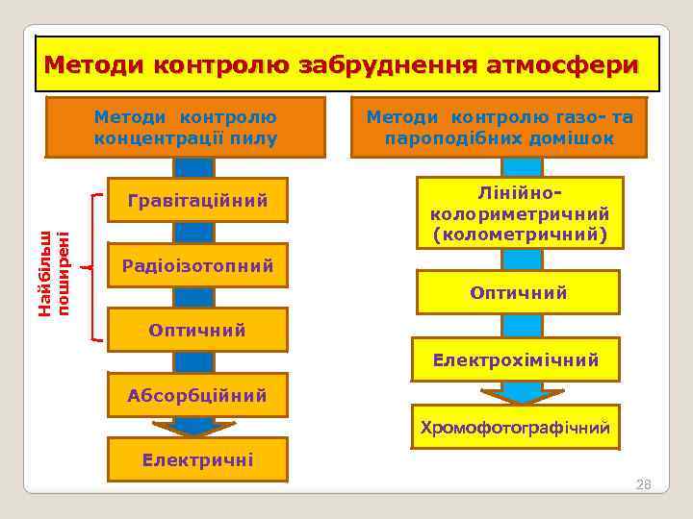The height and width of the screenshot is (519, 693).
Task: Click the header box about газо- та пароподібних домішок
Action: click(x=498, y=127)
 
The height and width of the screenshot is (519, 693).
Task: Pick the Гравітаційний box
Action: click(x=197, y=200)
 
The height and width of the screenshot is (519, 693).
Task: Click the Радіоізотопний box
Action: click(x=197, y=265)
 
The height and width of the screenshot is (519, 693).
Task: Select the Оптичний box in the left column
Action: click(x=197, y=330)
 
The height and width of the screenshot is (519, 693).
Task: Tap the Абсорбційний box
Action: click(x=197, y=395)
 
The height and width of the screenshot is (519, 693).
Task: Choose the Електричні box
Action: click(x=197, y=459)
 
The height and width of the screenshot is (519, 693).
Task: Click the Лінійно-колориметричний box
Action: click(x=520, y=212)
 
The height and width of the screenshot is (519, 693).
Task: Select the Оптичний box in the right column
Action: click(x=518, y=292)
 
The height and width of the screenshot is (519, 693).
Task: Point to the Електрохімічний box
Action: click(x=516, y=359)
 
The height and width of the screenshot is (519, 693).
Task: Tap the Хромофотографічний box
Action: click(x=516, y=427)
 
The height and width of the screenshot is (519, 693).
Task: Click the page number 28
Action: click(x=643, y=484)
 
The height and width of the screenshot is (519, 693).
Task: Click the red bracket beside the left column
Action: click(x=91, y=267)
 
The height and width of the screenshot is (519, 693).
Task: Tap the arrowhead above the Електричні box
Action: click(x=194, y=428)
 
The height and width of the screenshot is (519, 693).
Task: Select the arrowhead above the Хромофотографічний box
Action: click(x=522, y=394)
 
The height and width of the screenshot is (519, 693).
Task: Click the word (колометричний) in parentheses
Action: click(x=520, y=233)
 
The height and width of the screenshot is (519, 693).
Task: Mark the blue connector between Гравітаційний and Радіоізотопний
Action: click(x=193, y=232)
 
